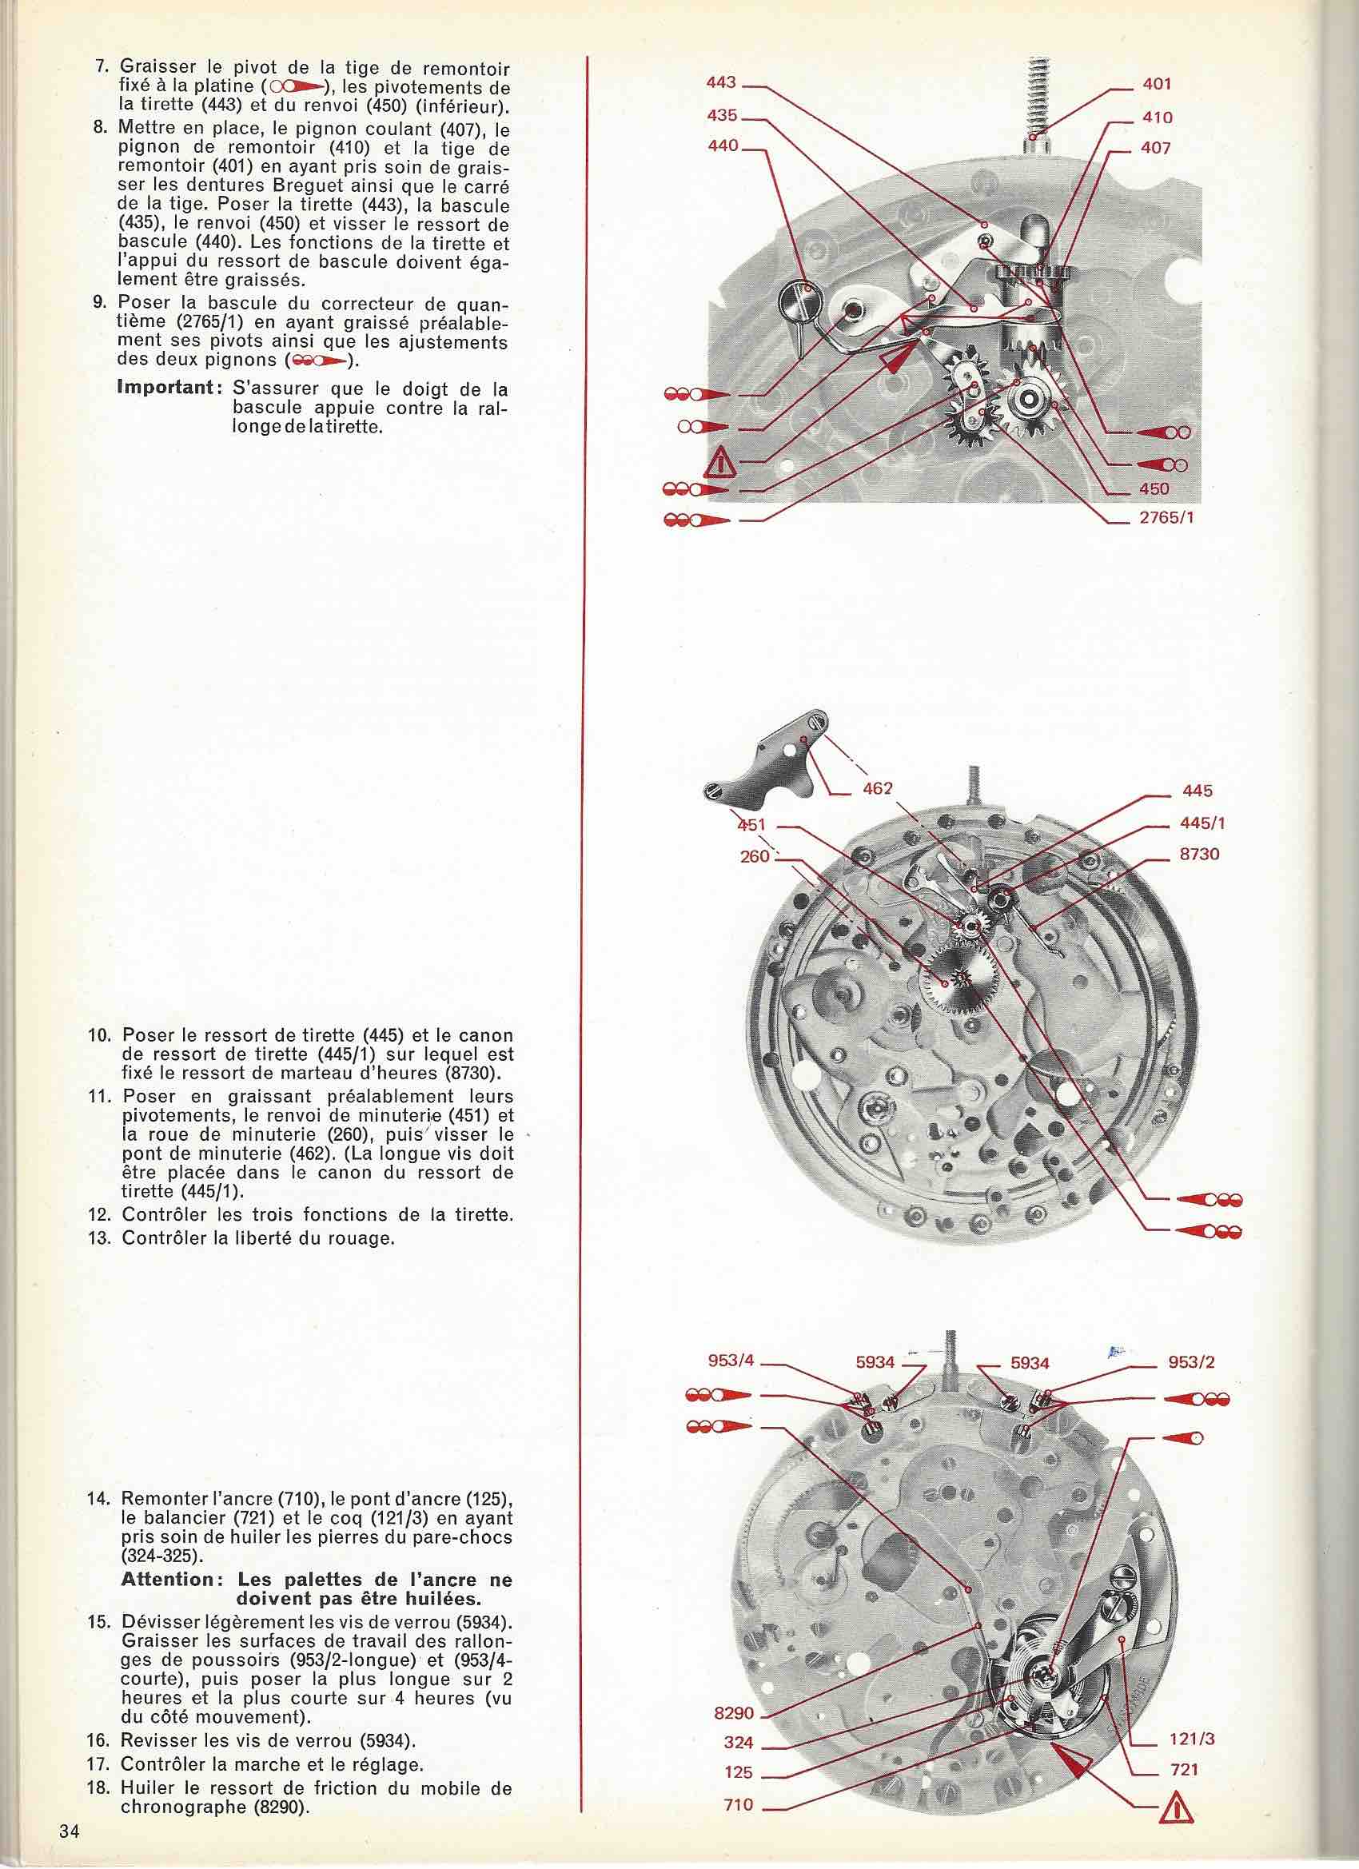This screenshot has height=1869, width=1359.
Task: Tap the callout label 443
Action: [x=722, y=83]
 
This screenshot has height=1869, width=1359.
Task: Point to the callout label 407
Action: [x=1156, y=149]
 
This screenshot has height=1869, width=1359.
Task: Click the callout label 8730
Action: [x=1199, y=854]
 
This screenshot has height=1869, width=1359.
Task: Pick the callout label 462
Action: [x=878, y=789]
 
